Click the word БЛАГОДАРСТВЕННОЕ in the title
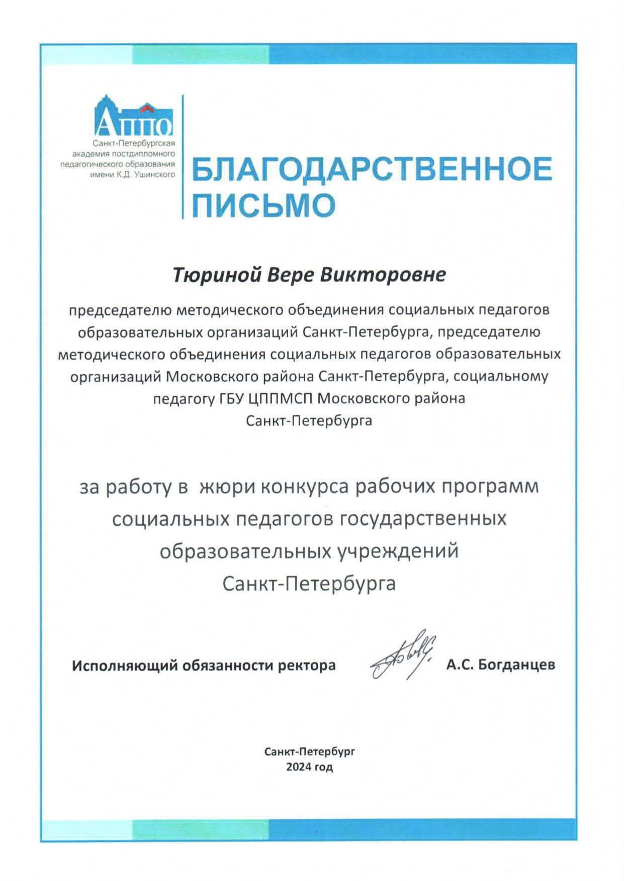click(x=372, y=169)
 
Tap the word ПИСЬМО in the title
click(x=264, y=204)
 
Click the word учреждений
click(x=396, y=551)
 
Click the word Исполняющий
click(x=125, y=666)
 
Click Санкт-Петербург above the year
click(x=310, y=752)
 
